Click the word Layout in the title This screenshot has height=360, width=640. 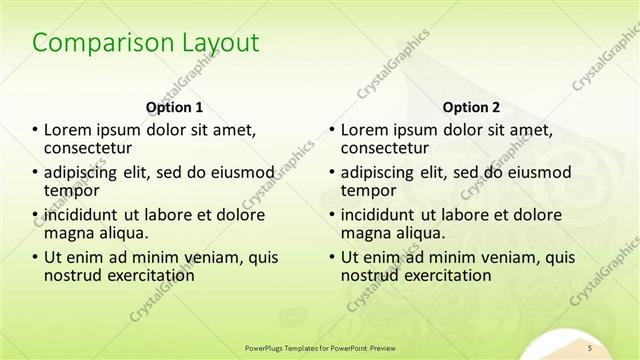point(217,43)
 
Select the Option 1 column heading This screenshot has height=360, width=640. point(174,107)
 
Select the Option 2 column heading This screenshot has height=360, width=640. point(471,107)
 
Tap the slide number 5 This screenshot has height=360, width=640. point(590,346)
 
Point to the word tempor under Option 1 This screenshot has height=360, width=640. point(71,190)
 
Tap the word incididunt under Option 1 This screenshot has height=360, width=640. point(87,214)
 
